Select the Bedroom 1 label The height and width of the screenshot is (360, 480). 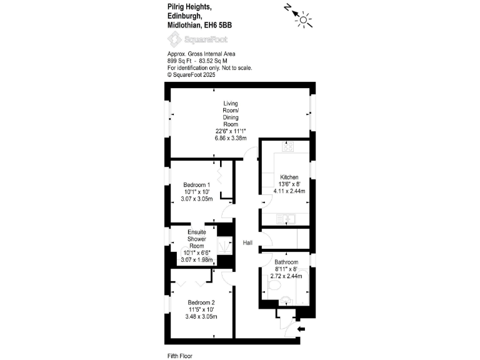tap(196, 184)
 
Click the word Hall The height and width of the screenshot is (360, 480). tap(248, 242)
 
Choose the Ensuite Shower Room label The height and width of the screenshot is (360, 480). tap(197, 239)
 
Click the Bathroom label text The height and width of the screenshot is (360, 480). tap(286, 262)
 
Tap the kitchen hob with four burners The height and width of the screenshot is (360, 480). tap(289, 148)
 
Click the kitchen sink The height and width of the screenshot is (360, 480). tap(288, 218)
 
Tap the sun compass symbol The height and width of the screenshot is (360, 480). tap(304, 20)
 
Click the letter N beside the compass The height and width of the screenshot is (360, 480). tap(287, 8)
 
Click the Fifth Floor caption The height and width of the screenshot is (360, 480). tap(180, 356)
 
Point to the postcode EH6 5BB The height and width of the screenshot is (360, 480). tap(218, 25)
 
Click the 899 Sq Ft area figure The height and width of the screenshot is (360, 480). tap(182, 61)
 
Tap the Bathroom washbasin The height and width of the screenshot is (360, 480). tap(286, 299)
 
